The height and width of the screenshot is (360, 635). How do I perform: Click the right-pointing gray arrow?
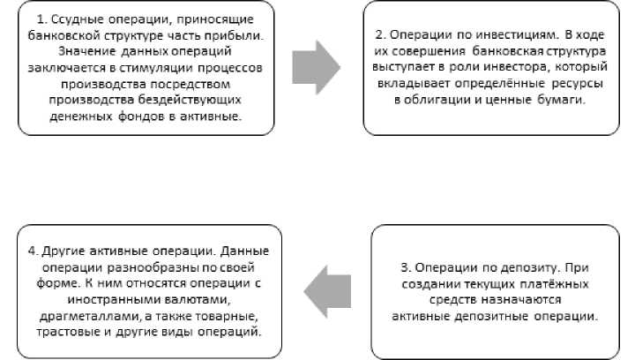[x=315, y=67]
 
